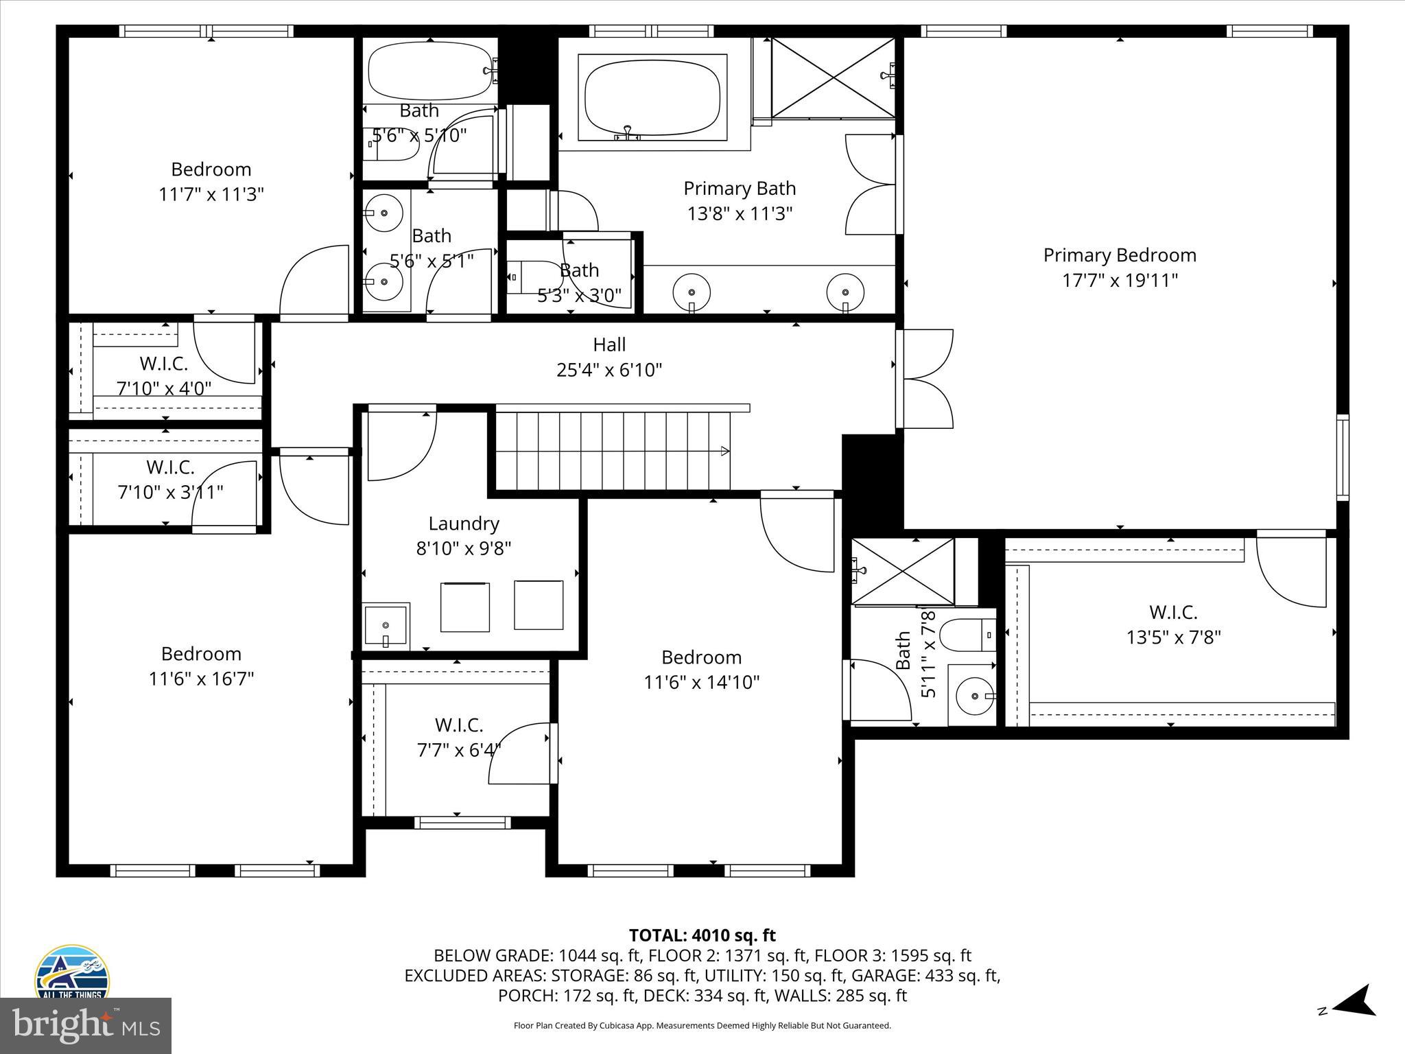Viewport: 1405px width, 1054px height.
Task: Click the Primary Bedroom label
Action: point(1120,255)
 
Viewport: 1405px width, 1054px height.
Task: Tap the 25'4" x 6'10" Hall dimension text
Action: point(609,370)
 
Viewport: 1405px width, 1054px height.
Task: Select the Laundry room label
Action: point(464,524)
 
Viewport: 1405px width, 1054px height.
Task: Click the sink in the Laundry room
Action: point(386,626)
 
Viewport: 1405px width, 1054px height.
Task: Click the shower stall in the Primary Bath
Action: point(832,77)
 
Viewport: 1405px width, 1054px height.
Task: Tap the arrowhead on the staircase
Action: point(724,451)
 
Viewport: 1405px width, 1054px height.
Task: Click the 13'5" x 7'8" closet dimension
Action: point(1173,637)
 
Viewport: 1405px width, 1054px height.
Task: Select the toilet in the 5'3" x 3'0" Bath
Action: point(532,277)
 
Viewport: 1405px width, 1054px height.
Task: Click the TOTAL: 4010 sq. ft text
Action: point(702,935)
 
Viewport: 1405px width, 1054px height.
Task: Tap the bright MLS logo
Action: point(86,1025)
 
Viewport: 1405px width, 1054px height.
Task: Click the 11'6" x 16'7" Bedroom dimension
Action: point(201,679)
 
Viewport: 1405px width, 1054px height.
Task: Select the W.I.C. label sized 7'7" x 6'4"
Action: point(458,725)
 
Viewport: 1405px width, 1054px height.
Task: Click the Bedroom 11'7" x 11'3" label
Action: point(211,169)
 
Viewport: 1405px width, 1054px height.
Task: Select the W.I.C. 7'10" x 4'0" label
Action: point(163,364)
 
